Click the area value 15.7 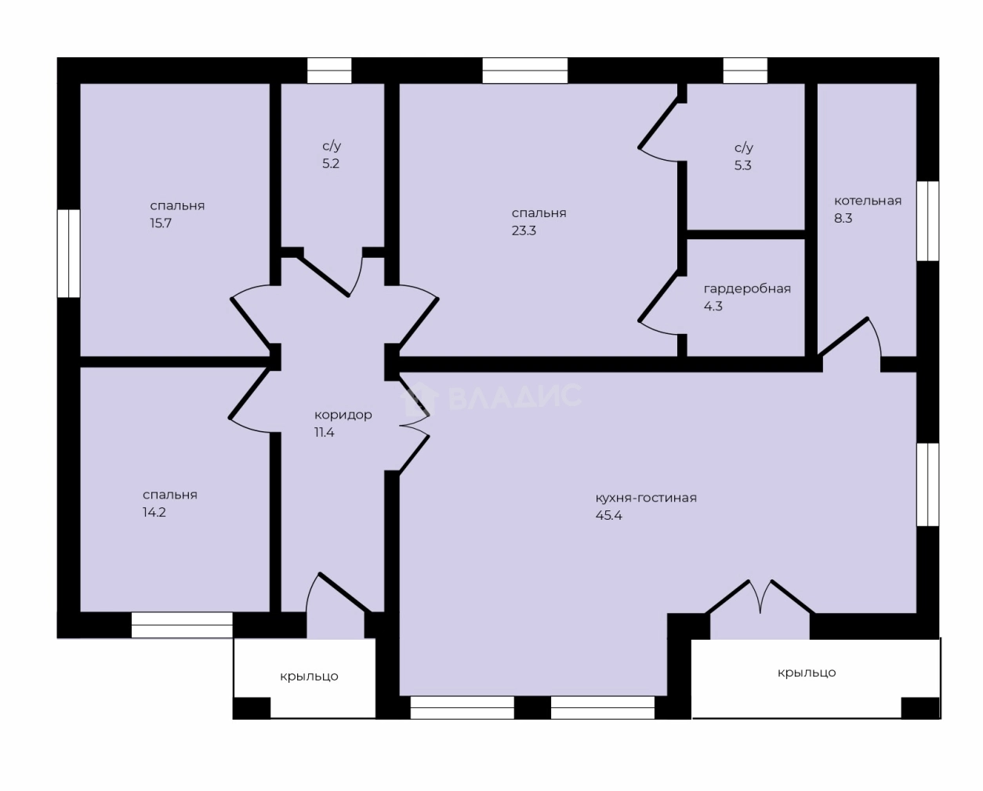pos(161,223)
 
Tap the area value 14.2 pos(154,512)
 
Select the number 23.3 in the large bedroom pos(524,230)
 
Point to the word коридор pos(343,415)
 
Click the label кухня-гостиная pos(646,498)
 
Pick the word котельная pos(868,201)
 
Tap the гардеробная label pos(747,289)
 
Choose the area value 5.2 pos(331,164)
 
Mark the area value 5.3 pos(742,165)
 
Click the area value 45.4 pos(608,516)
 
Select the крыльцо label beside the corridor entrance pos(309,677)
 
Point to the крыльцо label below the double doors pos(807,673)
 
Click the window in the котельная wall pos(927,221)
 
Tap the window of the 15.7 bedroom pos(68,253)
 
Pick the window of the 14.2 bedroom pos(183,625)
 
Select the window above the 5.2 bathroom pos(329,71)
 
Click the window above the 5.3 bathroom pos(745,71)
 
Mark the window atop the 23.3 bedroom pos(525,71)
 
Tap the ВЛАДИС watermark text pos(515,396)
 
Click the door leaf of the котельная pos(843,336)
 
